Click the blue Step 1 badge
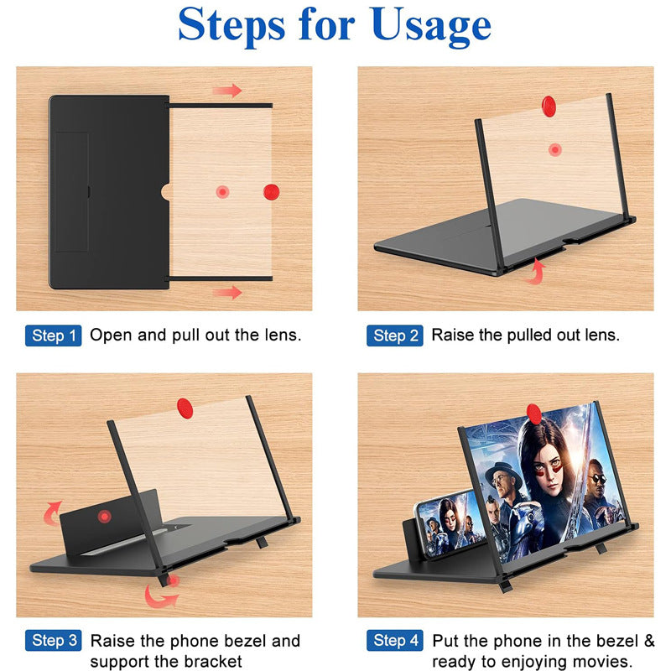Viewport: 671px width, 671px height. point(55,336)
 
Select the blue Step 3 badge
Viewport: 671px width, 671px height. point(55,642)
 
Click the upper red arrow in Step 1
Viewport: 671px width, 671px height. point(226,91)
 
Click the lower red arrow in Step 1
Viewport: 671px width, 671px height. point(226,292)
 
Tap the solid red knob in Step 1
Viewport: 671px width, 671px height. point(271,192)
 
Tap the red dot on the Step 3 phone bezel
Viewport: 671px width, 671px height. point(104,515)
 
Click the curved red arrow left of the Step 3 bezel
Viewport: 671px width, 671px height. point(52,511)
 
